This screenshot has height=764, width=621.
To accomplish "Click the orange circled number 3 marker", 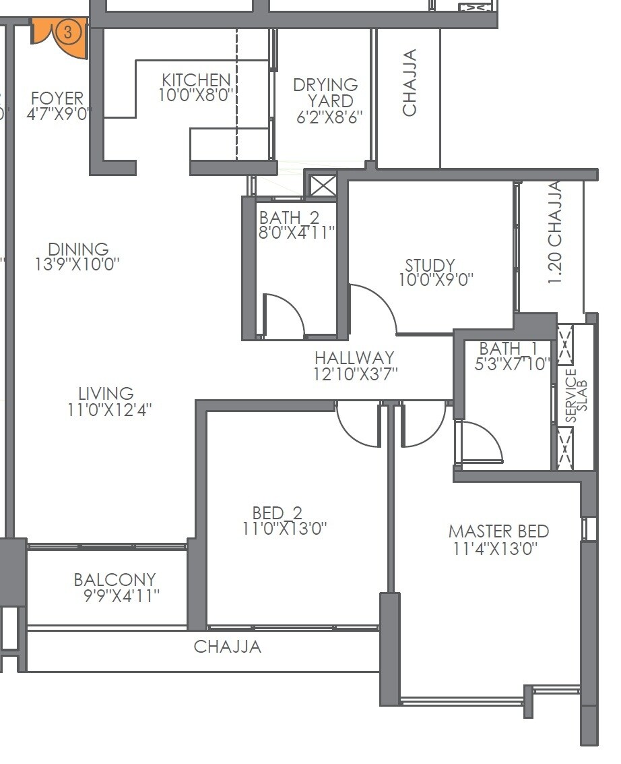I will (x=67, y=32).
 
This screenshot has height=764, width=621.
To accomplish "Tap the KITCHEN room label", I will (x=195, y=80).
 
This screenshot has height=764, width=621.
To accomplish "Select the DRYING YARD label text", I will (x=326, y=93).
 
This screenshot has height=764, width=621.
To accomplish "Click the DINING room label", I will (x=78, y=249).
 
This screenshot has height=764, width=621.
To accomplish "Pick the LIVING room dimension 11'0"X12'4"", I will (x=109, y=409).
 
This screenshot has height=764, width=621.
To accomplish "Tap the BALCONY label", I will (x=115, y=580).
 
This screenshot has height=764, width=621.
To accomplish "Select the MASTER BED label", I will (x=498, y=531).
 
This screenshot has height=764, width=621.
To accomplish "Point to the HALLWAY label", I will (x=354, y=358).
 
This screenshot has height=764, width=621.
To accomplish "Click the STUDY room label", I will (x=430, y=266).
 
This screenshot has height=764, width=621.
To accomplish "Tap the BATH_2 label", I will (x=289, y=218).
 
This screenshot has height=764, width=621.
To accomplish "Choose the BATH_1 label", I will (x=509, y=349).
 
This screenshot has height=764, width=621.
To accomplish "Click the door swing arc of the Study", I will (x=374, y=307).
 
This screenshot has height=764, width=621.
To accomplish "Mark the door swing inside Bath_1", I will (x=481, y=442).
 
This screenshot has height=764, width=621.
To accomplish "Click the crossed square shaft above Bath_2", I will (x=323, y=185).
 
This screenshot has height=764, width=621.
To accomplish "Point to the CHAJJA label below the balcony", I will (x=227, y=647).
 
